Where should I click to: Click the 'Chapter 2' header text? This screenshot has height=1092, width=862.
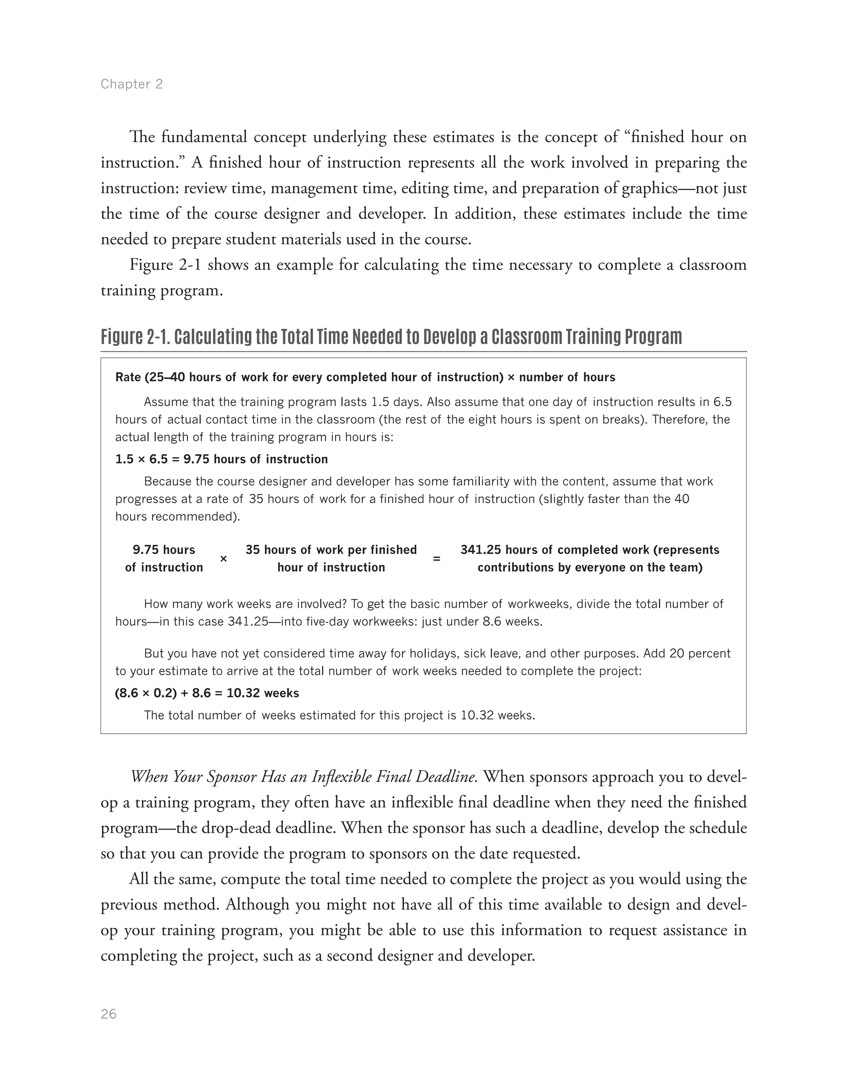[132, 84]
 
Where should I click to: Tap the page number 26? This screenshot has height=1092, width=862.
[109, 1014]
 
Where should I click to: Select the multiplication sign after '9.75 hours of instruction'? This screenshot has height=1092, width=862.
[223, 559]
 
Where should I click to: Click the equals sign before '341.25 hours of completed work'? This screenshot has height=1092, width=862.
[436, 559]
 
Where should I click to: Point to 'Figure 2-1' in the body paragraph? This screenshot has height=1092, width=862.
[165, 264]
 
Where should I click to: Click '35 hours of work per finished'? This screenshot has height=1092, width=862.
[331, 550]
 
